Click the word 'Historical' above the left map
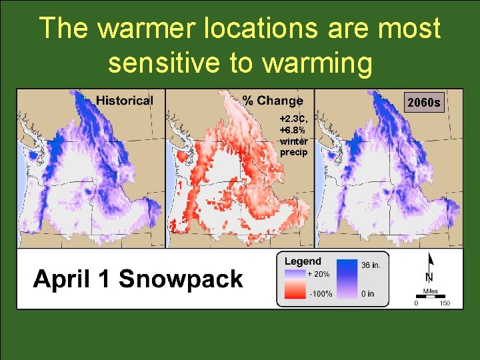(x=124, y=101)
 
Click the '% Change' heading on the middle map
(x=272, y=101)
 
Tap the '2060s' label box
(x=423, y=103)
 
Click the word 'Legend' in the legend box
(x=303, y=261)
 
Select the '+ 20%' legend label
(x=318, y=273)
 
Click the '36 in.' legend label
(x=371, y=265)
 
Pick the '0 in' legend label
(x=368, y=293)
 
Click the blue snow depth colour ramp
(x=347, y=279)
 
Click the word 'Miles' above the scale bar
(x=430, y=291)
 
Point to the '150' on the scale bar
(x=445, y=304)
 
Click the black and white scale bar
(x=430, y=297)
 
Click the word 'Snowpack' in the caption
(x=181, y=279)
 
